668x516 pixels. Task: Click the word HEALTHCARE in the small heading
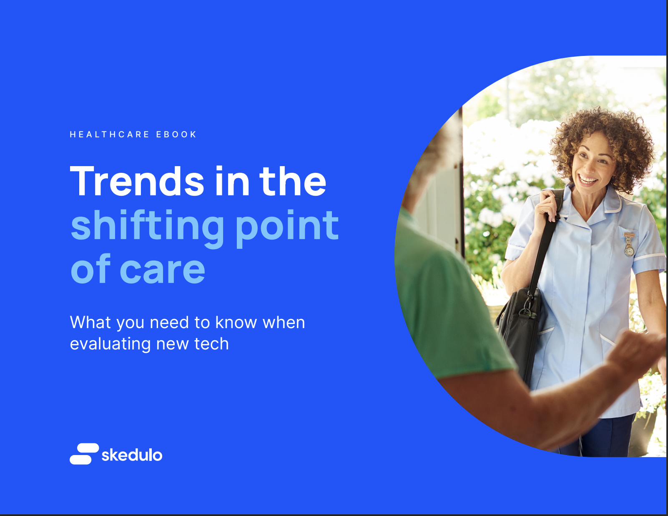point(109,134)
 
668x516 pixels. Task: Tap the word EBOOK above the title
point(176,134)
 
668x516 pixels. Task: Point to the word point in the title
point(287,226)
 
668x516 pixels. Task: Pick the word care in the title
point(163,271)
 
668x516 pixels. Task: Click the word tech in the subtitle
point(211,344)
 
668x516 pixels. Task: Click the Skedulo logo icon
point(84,454)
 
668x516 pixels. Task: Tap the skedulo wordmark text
point(132,455)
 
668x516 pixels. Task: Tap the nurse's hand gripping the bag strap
point(550,207)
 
